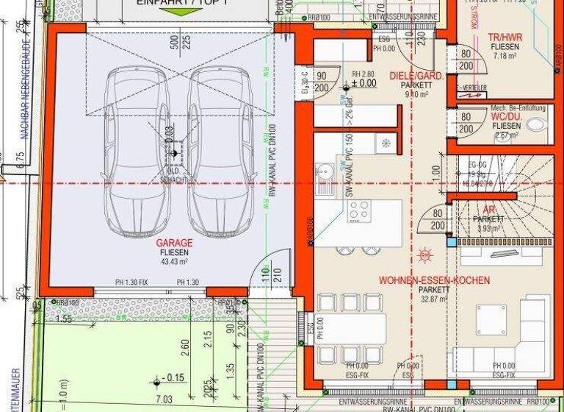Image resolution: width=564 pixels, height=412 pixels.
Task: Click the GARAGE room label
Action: coord(174,242)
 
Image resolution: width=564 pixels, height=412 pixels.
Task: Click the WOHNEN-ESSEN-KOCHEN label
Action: coord(434,280)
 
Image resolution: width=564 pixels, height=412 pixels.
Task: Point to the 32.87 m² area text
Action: coord(433,299)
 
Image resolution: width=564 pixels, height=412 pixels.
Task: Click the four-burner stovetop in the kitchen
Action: coord(358,211)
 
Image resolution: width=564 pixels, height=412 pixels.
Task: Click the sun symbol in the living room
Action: coord(425,255)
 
